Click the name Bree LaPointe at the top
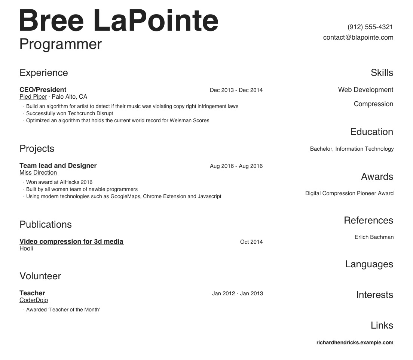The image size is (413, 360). (x=119, y=21)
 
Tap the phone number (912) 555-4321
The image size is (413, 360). (x=370, y=27)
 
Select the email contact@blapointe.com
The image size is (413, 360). (x=358, y=37)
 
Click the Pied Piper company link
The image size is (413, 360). (x=33, y=97)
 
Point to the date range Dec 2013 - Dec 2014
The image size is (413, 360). (x=236, y=90)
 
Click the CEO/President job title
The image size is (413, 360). (x=43, y=90)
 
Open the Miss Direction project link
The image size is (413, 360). (x=38, y=173)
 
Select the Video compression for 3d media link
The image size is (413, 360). (x=71, y=241)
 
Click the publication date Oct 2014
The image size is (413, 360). (x=251, y=242)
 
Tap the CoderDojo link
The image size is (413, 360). (x=34, y=300)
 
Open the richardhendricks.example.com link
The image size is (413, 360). (x=355, y=342)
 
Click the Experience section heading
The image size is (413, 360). (x=44, y=73)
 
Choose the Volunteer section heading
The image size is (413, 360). (x=40, y=276)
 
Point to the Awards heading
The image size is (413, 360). (x=377, y=176)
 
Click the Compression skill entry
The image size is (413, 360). (x=373, y=104)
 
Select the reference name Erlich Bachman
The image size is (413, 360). (x=374, y=237)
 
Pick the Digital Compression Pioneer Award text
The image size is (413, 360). (x=349, y=193)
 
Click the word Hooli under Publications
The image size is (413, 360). (x=26, y=249)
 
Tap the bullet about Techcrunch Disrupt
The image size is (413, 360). (x=70, y=113)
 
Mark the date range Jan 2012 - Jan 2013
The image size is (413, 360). (x=237, y=293)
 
